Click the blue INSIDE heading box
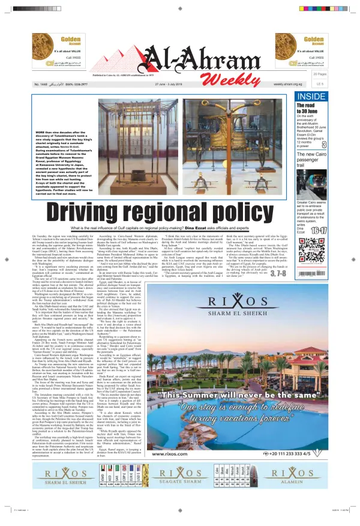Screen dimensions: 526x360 (328, 96)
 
